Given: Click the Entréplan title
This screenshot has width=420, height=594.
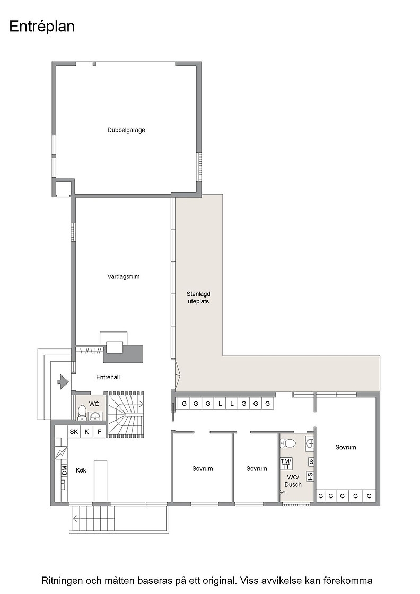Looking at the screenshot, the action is point(42,27).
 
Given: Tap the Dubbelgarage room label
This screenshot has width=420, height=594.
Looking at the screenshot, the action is point(126,130).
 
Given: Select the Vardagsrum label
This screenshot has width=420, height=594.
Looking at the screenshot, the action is point(124,276).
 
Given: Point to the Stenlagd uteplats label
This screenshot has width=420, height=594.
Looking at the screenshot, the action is point(198,298).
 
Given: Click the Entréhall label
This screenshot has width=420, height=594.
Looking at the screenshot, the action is point(108,377).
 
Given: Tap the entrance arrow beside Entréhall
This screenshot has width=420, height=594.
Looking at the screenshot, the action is point(62,382).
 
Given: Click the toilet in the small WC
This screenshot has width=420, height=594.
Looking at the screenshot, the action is point(82,413).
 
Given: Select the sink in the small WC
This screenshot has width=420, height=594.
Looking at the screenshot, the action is point(95,417).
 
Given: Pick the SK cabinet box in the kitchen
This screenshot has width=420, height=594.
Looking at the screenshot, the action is point(74,432).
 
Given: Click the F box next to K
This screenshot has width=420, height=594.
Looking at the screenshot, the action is point(100,432).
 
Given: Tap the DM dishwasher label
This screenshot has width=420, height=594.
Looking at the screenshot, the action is point(64,470).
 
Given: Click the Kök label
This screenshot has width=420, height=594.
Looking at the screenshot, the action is point(81,470).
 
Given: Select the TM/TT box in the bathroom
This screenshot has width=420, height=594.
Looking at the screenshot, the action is point(286,464).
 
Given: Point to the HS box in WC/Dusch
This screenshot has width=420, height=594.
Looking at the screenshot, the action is point(310,477).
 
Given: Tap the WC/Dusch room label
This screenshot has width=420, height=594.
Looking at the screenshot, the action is point(293,481).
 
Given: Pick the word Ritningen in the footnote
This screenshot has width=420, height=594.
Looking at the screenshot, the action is point(62,580).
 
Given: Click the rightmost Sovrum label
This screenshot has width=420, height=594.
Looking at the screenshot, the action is point(346,448).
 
